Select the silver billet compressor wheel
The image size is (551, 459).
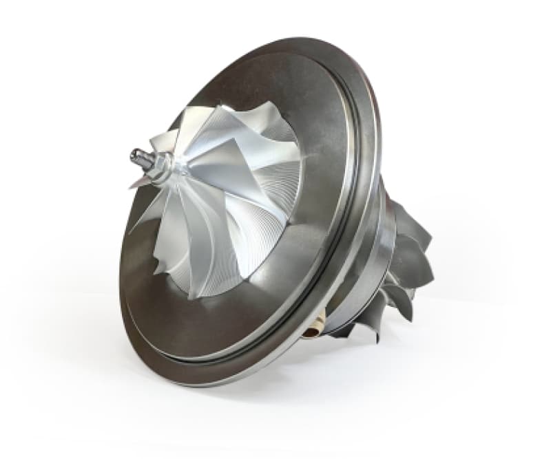click(x=220, y=200)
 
